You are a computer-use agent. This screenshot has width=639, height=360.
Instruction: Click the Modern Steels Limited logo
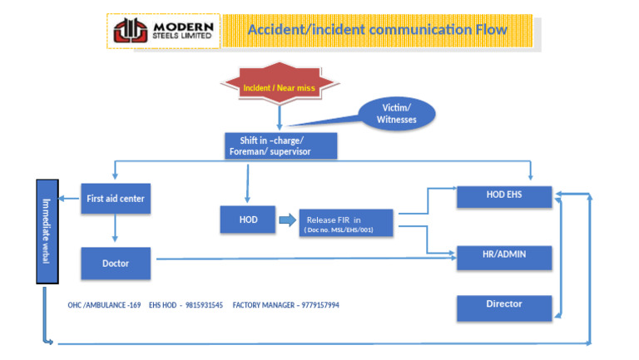point(164,31)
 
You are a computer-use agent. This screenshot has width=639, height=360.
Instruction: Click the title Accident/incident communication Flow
point(377,31)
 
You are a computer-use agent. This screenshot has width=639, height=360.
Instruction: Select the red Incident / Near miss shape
point(279,87)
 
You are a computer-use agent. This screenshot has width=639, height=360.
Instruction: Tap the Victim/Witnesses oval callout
point(396,114)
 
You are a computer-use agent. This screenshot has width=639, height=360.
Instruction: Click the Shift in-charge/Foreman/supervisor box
point(280,145)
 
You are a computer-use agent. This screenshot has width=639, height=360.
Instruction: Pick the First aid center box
point(116,198)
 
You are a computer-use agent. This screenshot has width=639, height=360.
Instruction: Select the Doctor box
point(116,263)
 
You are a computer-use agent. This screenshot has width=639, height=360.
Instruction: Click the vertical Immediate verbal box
point(46,230)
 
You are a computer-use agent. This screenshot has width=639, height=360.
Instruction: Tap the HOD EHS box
point(504,195)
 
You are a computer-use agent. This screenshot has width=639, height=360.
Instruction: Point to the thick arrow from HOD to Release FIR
point(285,220)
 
